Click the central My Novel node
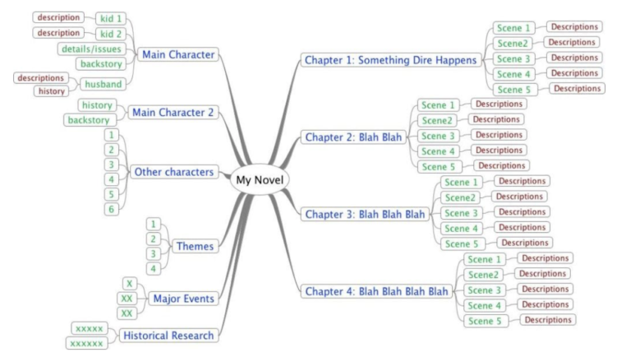tap(260, 179)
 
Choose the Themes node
tap(196, 245)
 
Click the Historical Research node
tap(168, 335)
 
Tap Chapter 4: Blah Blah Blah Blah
tap(376, 290)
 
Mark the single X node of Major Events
tap(129, 283)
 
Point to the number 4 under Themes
tap(152, 268)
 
